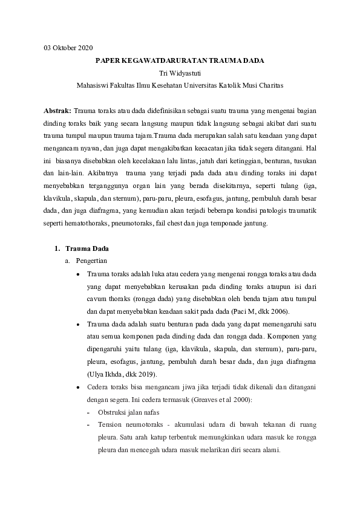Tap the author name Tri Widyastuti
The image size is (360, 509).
(x=179, y=73)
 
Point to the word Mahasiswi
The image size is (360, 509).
(x=92, y=85)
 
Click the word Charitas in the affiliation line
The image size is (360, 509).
(x=270, y=85)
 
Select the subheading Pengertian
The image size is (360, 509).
(x=92, y=261)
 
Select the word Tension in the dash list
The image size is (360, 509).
(x=109, y=424)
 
